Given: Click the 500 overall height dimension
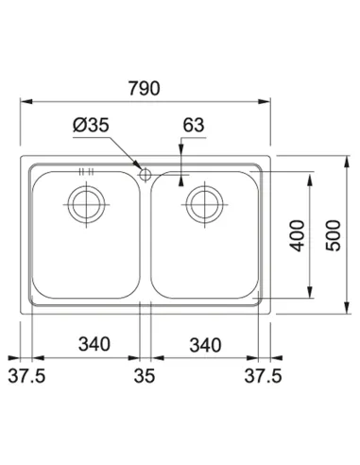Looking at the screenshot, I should [332, 234].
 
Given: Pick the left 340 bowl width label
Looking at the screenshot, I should [88, 344].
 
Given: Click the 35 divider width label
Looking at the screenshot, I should [145, 376].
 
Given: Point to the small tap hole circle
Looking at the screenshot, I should [144, 173].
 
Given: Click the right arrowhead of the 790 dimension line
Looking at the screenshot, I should [267, 99].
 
